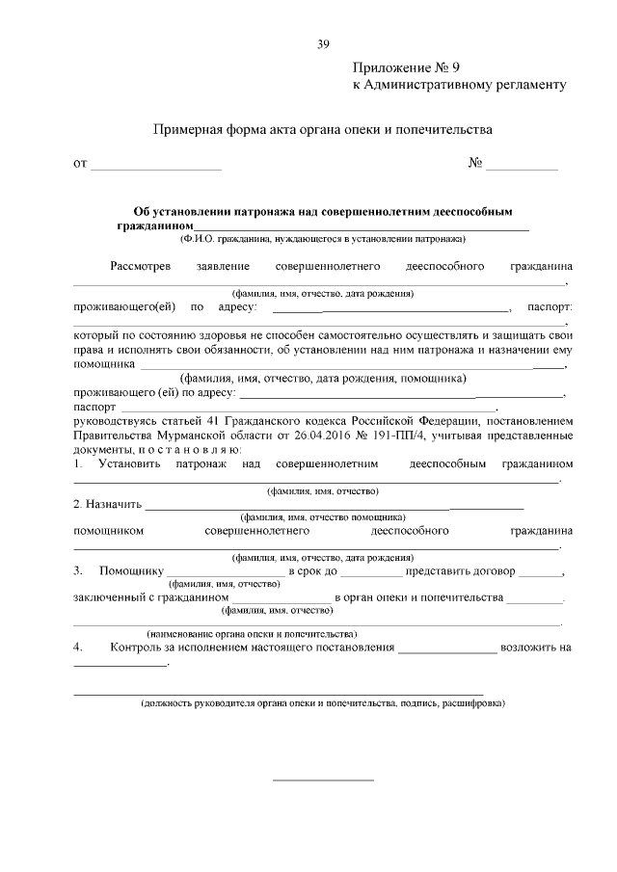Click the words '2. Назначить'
click(x=107, y=504)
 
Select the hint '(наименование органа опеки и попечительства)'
click(x=251, y=634)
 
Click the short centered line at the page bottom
click(x=323, y=779)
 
